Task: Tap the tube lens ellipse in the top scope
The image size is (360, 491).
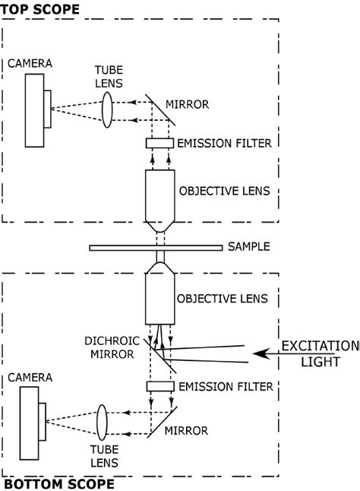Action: point(107,106)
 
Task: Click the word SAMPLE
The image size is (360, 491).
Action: point(248,247)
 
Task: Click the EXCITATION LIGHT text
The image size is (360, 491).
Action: point(319,353)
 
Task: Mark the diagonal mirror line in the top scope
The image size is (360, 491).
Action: point(161,109)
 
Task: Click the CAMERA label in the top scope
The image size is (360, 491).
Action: point(30,64)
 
